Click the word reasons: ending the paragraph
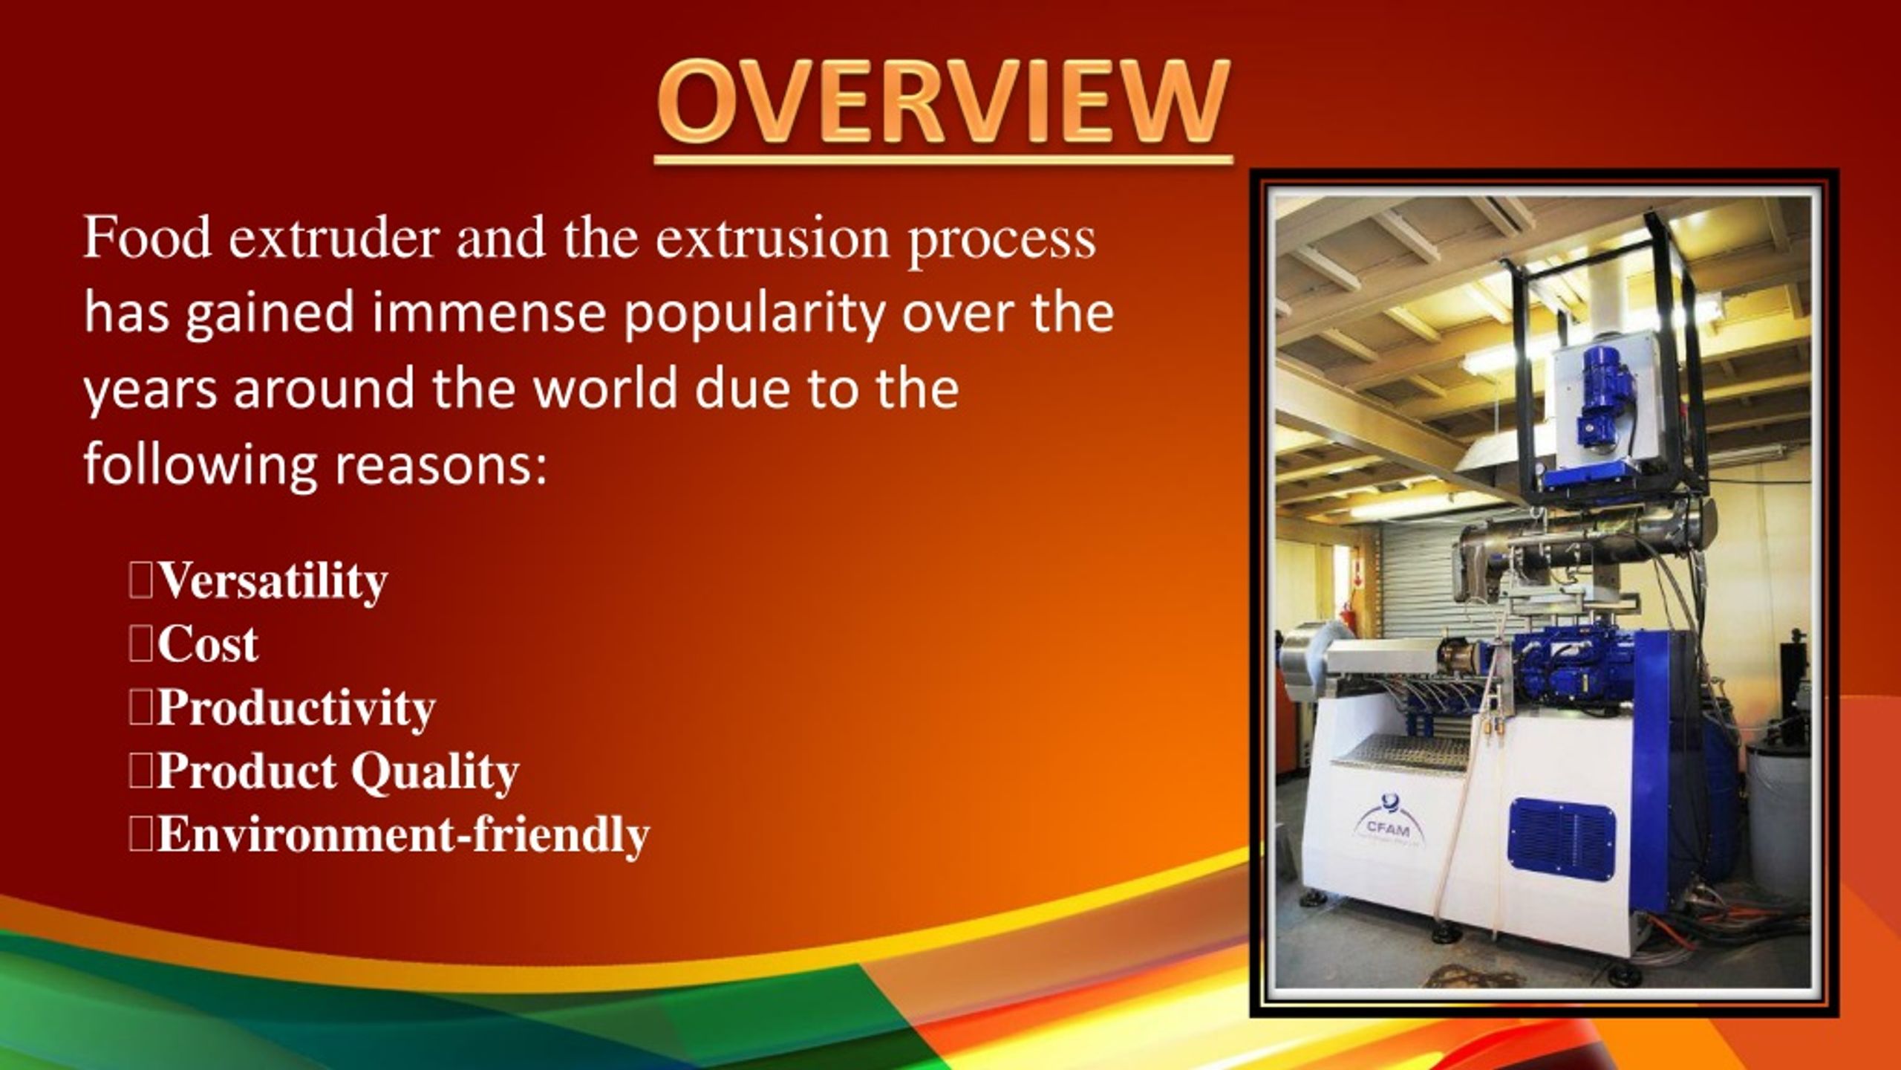[x=441, y=464]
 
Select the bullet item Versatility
[x=273, y=580]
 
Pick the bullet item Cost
[x=207, y=643]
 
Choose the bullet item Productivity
[x=296, y=708]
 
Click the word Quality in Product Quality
[x=434, y=772]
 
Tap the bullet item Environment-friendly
[x=402, y=835]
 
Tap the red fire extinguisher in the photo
[x=1346, y=624]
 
